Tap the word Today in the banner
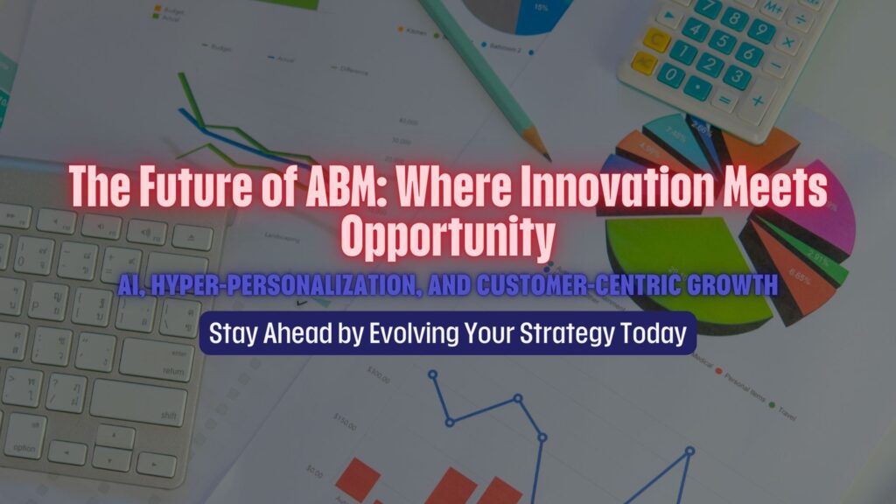pyautogui.click(x=650, y=333)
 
